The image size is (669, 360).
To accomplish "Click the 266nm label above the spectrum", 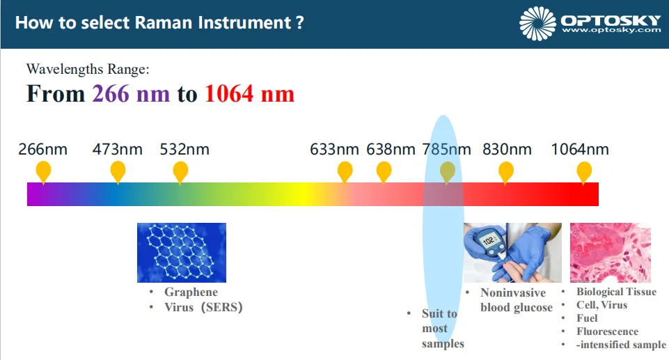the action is [42, 149].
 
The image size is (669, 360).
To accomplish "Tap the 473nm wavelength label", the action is [118, 149].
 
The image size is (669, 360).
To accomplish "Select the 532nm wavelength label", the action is [184, 149].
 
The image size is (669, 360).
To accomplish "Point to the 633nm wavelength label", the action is [334, 149].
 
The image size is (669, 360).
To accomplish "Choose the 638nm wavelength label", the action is [391, 149].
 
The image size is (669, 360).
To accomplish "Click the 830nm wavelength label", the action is [507, 149].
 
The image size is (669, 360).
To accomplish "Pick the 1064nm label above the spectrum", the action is [580, 149].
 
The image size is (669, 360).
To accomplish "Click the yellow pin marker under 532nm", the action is [180, 172].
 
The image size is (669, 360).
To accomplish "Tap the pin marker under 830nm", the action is [506, 172].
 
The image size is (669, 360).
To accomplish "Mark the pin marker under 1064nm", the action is [584, 172].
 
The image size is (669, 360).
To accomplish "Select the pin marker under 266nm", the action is [43, 172].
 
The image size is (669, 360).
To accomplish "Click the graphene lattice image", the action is [182, 253].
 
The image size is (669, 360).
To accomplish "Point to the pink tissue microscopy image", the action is [611, 253].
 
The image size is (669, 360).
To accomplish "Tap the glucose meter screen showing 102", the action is [489, 240].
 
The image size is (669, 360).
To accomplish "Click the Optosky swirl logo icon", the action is [537, 24].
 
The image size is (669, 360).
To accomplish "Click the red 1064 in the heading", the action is [229, 94].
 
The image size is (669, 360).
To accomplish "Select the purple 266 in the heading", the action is [111, 94].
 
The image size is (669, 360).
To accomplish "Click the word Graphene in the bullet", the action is [191, 292].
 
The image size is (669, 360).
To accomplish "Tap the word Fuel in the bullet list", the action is [587, 318].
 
